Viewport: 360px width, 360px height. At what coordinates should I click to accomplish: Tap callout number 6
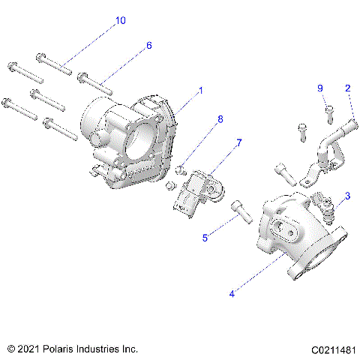(148, 46)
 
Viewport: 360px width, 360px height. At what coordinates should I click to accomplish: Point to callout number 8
(220, 118)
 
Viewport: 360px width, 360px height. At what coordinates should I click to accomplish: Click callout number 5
(204, 238)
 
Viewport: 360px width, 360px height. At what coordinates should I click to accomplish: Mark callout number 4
(232, 294)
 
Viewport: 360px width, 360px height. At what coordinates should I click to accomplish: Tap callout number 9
(320, 88)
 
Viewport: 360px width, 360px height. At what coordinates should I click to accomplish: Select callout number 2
(347, 88)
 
